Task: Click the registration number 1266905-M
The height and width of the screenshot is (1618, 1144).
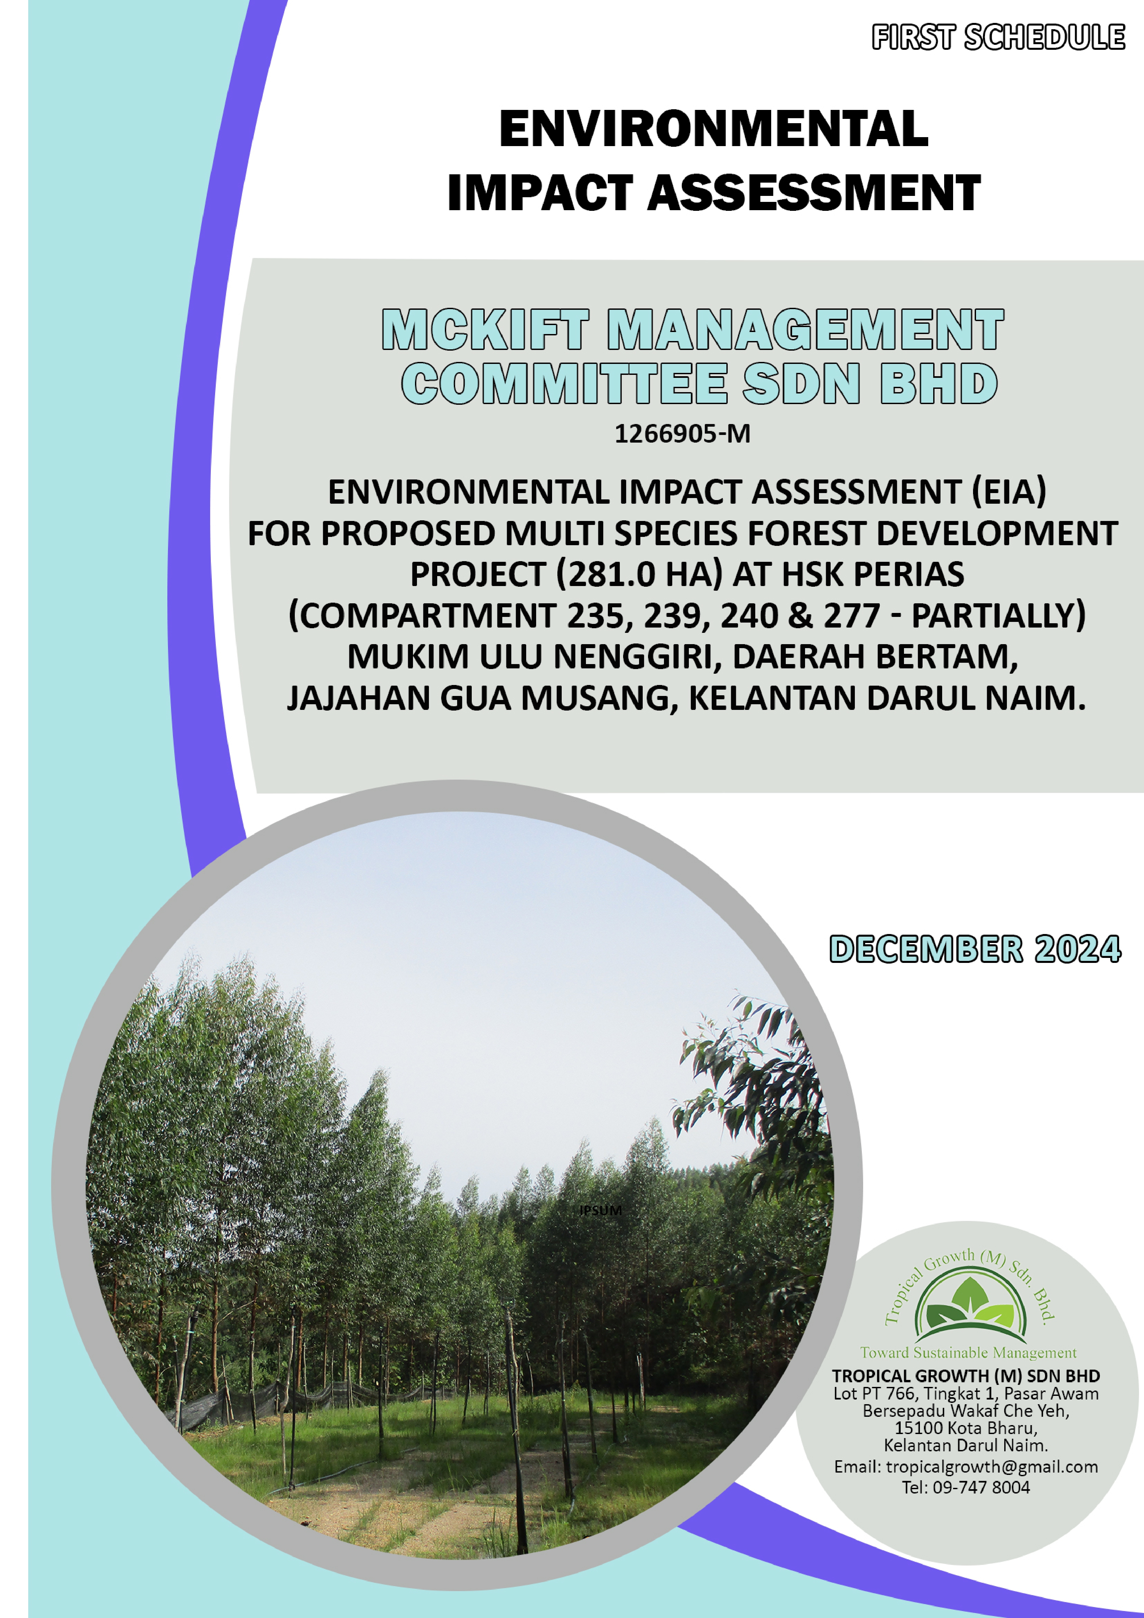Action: click(682, 433)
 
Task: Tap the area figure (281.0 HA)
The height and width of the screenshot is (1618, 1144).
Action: click(639, 574)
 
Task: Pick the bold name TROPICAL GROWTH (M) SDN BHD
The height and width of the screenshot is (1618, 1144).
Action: click(966, 1376)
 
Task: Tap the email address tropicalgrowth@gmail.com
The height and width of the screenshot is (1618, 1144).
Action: click(992, 1467)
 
